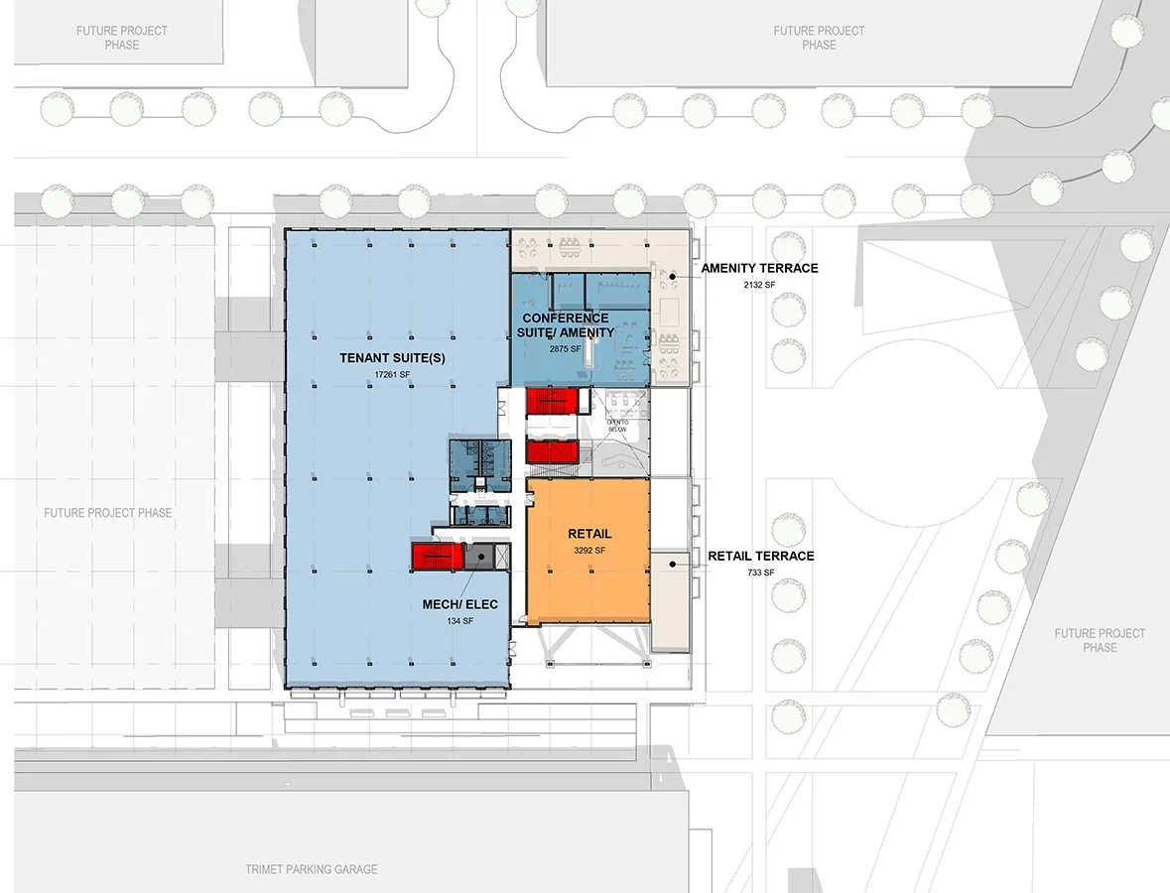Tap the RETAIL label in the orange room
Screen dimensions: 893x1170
(589, 534)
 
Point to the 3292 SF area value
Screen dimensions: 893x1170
(589, 550)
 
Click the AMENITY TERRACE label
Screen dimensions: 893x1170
(759, 269)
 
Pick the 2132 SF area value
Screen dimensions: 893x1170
(759, 284)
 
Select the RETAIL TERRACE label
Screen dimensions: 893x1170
(760, 556)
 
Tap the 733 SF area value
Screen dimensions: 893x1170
(760, 572)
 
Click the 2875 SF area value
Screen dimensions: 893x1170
(565, 349)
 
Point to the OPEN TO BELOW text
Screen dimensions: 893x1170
(618, 426)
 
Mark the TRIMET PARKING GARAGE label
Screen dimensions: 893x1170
(312, 869)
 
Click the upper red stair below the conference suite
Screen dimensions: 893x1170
(551, 401)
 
